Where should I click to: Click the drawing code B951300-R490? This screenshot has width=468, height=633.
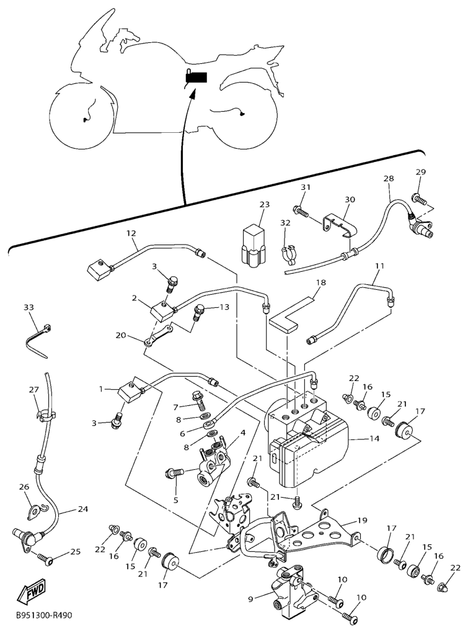click(x=44, y=616)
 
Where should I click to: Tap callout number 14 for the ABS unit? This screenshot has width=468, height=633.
click(x=374, y=438)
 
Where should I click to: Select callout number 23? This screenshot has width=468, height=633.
click(x=264, y=205)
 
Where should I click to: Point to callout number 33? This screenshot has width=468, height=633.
click(x=29, y=308)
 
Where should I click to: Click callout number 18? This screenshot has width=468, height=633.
click(x=321, y=282)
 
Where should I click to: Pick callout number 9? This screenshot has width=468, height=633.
click(x=250, y=599)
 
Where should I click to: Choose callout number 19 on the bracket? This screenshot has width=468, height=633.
click(x=362, y=521)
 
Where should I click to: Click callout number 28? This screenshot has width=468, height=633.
click(x=389, y=178)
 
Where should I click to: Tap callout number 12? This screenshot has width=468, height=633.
click(x=131, y=233)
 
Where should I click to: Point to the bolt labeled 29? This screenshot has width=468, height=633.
click(x=419, y=199)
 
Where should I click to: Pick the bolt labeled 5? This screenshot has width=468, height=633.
click(x=174, y=472)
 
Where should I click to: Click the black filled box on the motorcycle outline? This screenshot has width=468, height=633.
click(x=196, y=76)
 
